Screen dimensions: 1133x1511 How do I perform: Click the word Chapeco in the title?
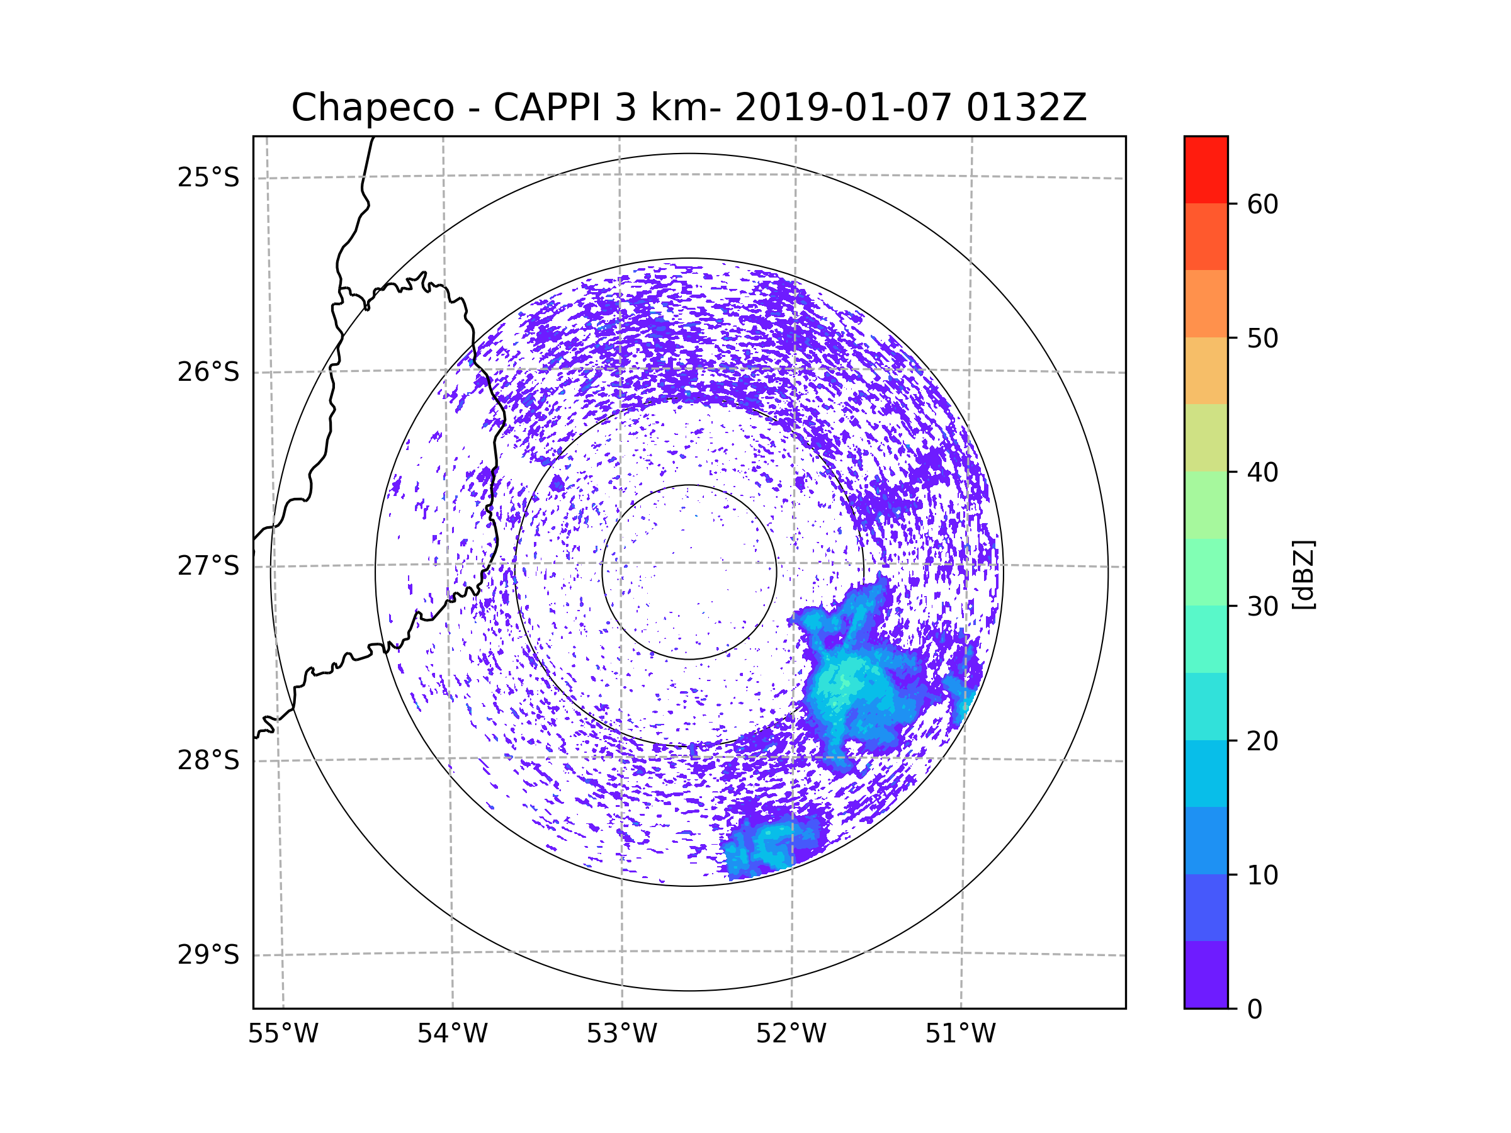[372, 108]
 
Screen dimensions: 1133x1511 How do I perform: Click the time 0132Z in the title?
[1026, 108]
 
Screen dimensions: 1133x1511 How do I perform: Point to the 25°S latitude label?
[208, 178]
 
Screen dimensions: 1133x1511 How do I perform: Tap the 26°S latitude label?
[208, 372]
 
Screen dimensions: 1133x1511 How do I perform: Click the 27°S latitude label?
[208, 566]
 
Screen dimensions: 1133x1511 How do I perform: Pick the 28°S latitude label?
[208, 760]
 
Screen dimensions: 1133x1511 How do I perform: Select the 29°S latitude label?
[208, 955]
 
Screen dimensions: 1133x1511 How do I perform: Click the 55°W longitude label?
[283, 1034]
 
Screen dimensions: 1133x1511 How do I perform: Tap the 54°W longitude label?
[452, 1034]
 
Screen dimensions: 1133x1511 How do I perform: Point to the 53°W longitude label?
[621, 1034]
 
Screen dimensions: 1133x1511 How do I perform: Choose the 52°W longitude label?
[791, 1034]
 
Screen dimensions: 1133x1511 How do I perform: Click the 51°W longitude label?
[960, 1034]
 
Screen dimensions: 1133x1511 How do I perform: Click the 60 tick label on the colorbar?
[1262, 204]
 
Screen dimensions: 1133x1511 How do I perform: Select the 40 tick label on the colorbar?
[1262, 473]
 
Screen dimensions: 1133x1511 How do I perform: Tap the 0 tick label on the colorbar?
[1255, 1010]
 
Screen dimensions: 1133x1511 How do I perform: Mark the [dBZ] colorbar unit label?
[1303, 574]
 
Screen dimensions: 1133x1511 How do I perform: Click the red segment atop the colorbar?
[1206, 169]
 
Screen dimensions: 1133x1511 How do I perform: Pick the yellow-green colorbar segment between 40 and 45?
[1206, 437]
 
